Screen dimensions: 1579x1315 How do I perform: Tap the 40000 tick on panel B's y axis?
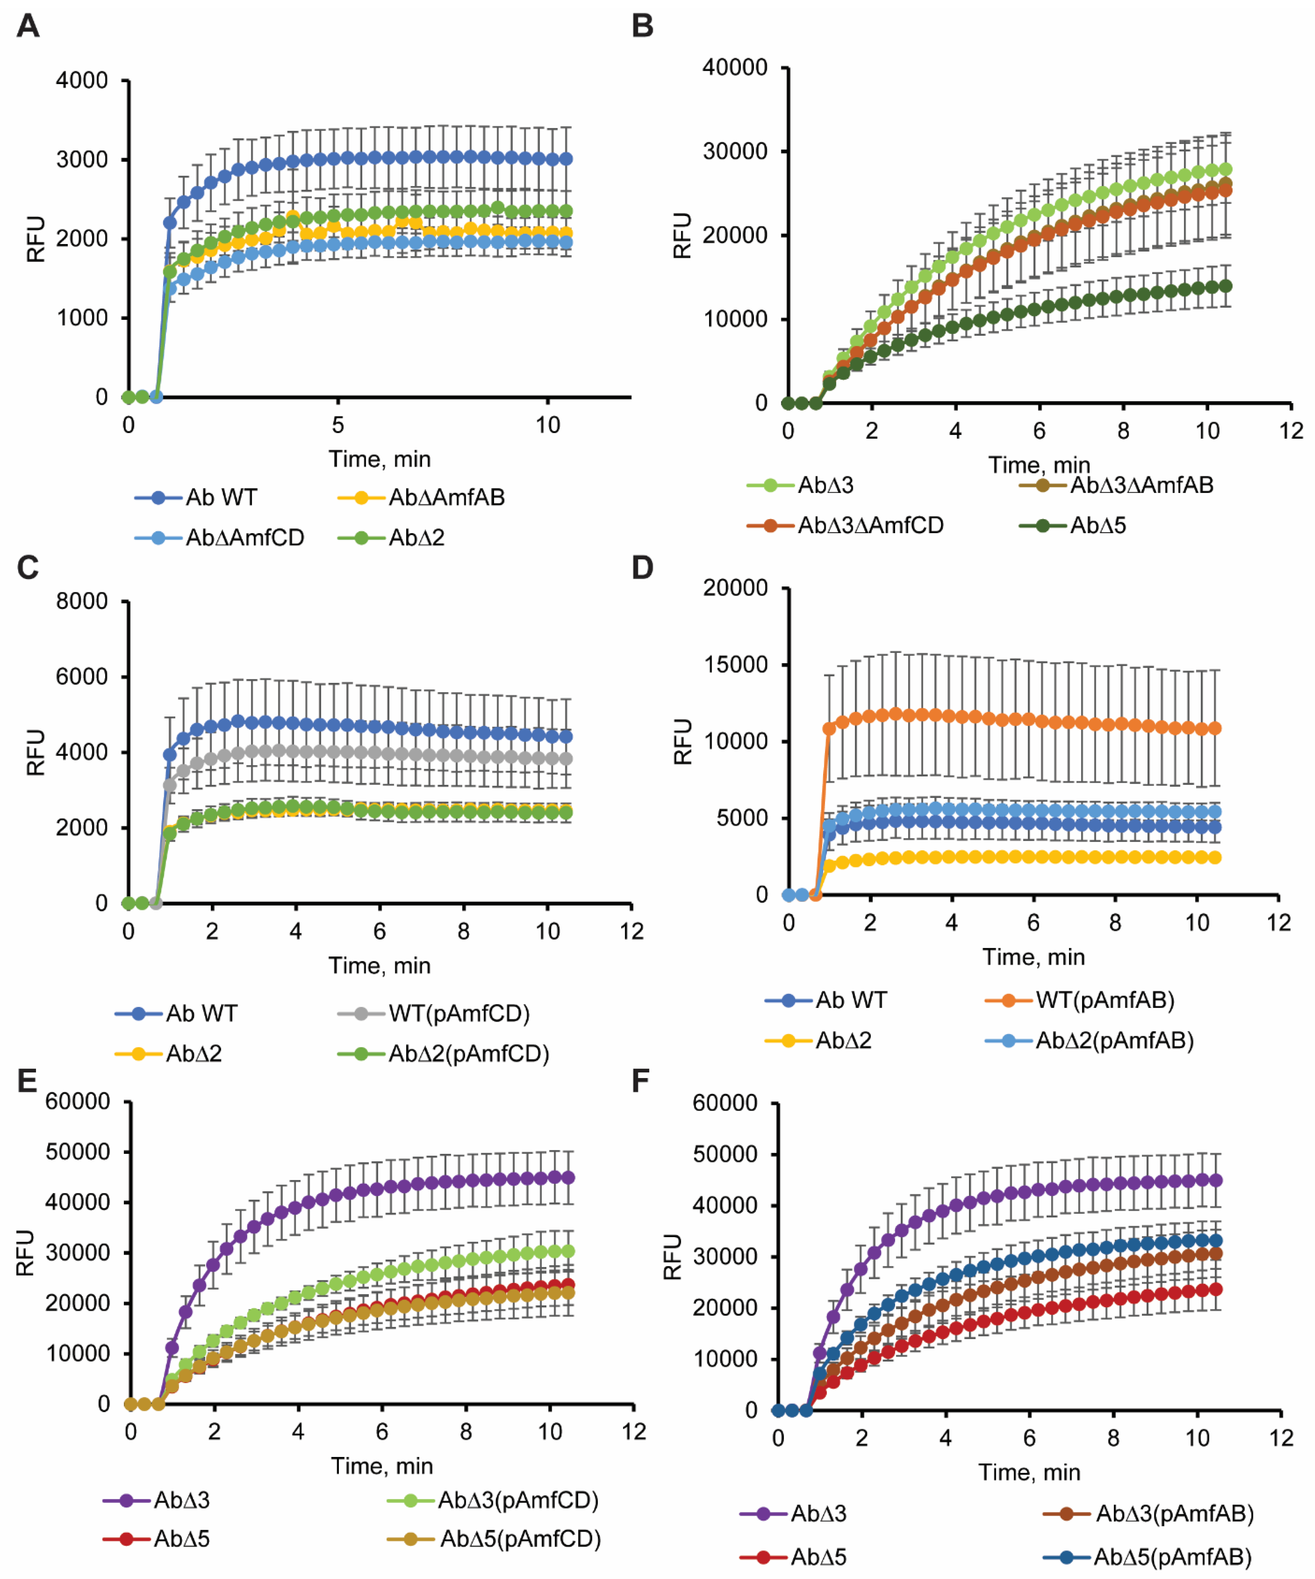click(735, 68)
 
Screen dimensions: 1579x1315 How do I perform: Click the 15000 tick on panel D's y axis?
click(735, 665)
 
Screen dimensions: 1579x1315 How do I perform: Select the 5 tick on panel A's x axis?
click(338, 426)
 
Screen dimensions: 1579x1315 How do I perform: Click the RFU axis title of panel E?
click(25, 1253)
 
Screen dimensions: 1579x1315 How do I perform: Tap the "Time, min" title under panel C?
click(379, 966)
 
